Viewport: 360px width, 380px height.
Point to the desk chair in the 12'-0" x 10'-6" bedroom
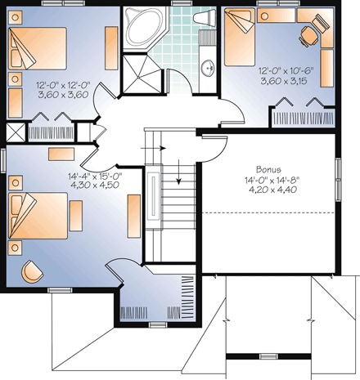pyautogui.click(x=308, y=34)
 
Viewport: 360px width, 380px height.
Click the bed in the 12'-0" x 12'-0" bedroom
pyautogui.click(x=38, y=49)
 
